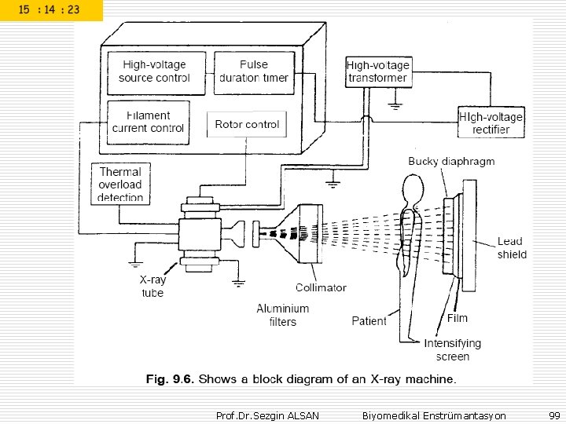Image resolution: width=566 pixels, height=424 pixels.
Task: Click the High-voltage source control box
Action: [154, 71]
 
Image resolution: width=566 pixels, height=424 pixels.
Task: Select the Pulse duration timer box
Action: [253, 71]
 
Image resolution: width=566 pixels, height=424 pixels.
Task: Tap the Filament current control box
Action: [148, 122]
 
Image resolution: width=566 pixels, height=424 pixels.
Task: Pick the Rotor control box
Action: [247, 124]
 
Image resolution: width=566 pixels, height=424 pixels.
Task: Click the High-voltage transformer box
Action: [377, 71]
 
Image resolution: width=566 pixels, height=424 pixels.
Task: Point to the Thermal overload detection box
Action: [120, 184]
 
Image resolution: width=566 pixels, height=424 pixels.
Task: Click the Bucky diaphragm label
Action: [451, 162]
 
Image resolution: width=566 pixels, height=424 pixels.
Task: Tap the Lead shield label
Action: [512, 247]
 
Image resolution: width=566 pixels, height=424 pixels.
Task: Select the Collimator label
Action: [321, 287]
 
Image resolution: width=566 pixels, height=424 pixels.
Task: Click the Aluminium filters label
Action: [283, 315]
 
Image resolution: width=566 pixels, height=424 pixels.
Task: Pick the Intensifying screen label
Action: [452, 349]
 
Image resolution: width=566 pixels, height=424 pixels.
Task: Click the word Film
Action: [458, 319]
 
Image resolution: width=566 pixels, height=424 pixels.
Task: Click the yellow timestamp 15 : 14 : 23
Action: [51, 10]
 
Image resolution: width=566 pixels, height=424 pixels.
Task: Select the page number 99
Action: [554, 415]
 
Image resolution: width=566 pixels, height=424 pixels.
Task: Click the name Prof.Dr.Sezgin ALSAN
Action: [267, 415]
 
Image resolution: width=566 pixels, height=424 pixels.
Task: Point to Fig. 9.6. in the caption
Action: [169, 379]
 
